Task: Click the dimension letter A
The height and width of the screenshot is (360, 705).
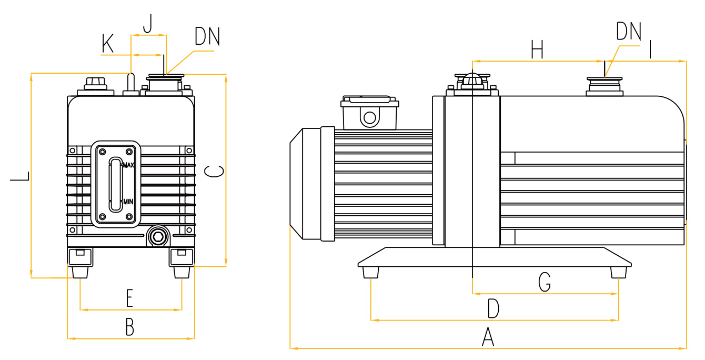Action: click(x=488, y=337)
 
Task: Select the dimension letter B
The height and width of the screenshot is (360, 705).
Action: click(x=129, y=327)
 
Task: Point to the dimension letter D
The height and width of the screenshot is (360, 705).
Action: click(x=492, y=308)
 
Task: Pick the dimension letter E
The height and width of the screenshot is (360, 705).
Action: click(x=129, y=298)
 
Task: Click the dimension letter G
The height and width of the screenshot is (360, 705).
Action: click(x=545, y=282)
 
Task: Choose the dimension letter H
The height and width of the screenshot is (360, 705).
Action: click(x=537, y=51)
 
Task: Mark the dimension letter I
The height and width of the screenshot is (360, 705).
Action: click(x=651, y=50)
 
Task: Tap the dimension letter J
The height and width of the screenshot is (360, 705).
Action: click(x=148, y=24)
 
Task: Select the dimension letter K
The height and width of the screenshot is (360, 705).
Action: click(x=108, y=45)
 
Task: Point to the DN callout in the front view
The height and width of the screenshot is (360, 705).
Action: click(x=207, y=36)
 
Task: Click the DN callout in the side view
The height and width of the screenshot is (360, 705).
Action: click(x=629, y=32)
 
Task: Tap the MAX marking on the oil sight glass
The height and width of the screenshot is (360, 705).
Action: click(x=128, y=165)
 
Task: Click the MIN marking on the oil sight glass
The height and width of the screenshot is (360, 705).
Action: click(x=128, y=202)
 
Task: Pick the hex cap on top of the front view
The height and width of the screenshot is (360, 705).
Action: click(x=95, y=83)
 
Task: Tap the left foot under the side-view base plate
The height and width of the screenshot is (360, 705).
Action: click(x=370, y=272)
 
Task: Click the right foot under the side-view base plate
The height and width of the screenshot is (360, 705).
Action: click(x=619, y=272)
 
